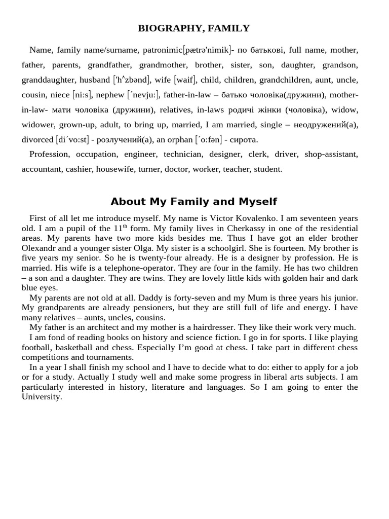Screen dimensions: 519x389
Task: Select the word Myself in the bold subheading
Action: point(258,202)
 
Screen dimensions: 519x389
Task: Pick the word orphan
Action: point(181,139)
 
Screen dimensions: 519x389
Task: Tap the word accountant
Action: point(42,169)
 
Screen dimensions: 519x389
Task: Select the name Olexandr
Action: point(43,248)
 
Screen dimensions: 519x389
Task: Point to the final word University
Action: point(42,397)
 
